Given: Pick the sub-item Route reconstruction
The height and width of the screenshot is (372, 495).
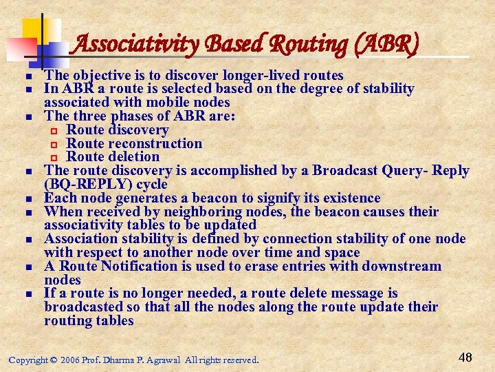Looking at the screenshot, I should (x=134, y=143).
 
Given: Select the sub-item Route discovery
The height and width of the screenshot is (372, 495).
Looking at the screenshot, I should (x=117, y=130).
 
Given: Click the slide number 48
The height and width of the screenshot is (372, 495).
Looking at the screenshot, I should (x=465, y=357).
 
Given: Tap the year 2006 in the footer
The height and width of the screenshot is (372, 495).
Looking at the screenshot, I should (x=69, y=360).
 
